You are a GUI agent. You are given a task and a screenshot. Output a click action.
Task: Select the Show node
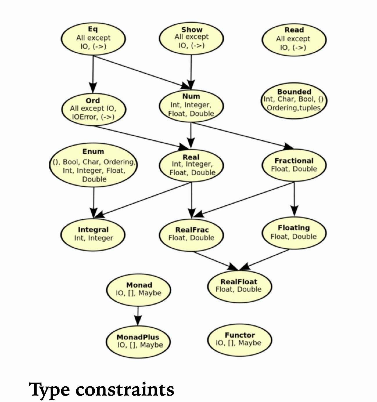pos(191,38)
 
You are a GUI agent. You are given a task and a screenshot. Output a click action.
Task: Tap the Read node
pos(294,39)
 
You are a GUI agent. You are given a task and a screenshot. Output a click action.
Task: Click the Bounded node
pos(294,100)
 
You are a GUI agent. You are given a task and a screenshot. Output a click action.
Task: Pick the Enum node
pos(93,165)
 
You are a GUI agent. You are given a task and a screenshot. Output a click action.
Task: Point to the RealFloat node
pos(239,285)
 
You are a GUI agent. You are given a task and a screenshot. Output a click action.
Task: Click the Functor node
pos(239,339)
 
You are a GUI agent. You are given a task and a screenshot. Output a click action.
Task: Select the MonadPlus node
pos(138,341)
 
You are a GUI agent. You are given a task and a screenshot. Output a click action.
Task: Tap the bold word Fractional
pos(294,161)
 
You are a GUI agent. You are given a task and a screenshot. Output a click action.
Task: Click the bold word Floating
pos(294,228)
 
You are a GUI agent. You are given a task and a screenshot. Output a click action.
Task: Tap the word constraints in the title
pos(125,390)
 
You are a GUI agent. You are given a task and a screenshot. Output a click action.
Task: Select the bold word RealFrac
pos(192,230)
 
